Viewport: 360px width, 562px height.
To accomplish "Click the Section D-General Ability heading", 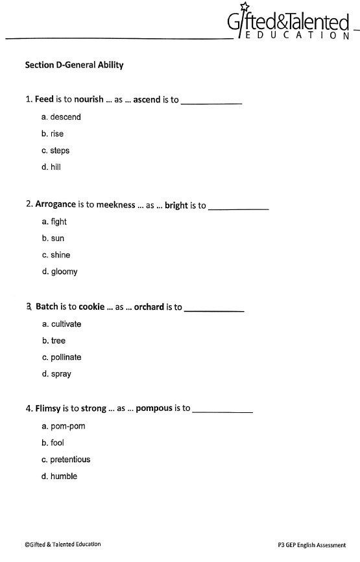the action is [74, 65].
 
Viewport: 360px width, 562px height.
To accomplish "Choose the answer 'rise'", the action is [53, 134].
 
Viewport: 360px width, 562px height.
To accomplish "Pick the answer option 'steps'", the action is [55, 151].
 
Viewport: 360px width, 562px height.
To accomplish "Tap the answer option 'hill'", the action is [51, 167].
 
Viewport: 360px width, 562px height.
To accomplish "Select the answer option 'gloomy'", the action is [60, 272].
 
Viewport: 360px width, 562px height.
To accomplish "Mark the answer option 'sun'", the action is [53, 239].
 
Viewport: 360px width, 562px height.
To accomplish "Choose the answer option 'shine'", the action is [56, 255].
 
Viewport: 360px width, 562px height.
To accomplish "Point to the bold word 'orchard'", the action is [149, 307].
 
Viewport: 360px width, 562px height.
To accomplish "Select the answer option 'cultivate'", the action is [62, 324].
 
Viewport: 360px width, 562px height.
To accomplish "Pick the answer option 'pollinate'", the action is [62, 358].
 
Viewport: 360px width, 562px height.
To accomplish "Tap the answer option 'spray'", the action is [56, 375].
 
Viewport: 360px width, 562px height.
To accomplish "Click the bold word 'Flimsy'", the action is [48, 408].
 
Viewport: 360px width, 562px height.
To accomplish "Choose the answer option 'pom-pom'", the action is [64, 427].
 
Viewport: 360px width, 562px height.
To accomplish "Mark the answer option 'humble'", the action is [59, 476].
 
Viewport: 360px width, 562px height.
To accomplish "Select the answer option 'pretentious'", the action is [66, 460].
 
